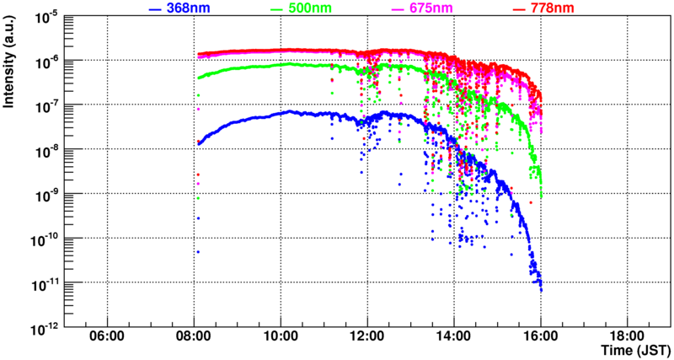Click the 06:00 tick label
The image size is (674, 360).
tap(107, 336)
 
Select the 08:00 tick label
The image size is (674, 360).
tap(194, 336)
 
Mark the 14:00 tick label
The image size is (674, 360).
tap(453, 336)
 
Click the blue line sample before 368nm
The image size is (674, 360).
tap(154, 9)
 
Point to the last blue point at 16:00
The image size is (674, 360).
tap(540, 291)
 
